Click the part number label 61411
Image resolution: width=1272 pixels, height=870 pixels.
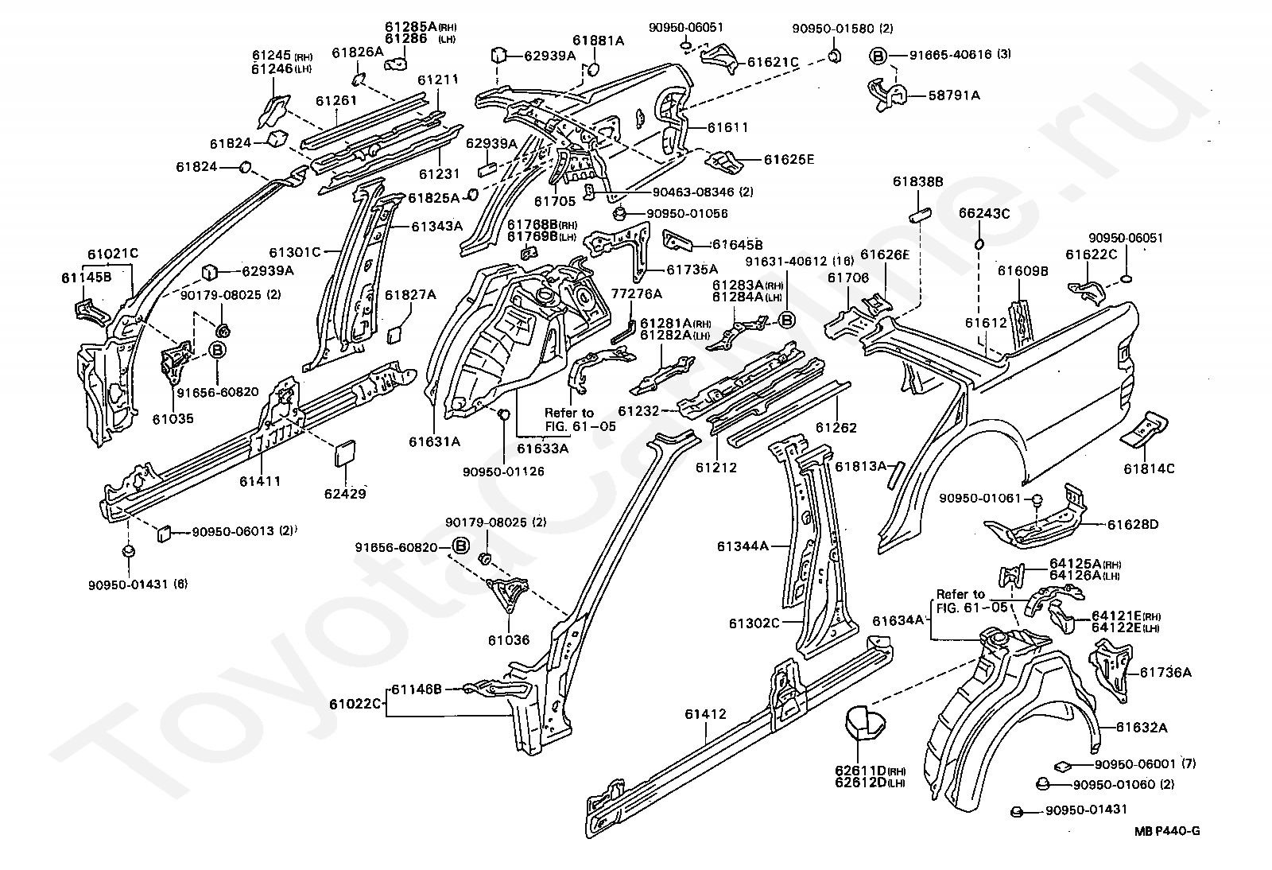click(259, 481)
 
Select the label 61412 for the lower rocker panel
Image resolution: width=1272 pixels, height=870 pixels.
click(705, 714)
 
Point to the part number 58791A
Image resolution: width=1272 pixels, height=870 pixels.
click(954, 95)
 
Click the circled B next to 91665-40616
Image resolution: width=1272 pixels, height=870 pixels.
click(877, 56)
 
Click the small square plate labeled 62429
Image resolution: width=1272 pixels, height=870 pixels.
click(344, 456)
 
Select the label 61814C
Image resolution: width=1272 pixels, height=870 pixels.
click(1149, 468)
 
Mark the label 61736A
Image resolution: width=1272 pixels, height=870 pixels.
click(1165, 672)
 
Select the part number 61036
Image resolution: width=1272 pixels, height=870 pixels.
click(508, 639)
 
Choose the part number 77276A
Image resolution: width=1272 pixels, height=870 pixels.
click(636, 293)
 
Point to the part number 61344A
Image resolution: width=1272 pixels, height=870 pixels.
click(743, 546)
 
